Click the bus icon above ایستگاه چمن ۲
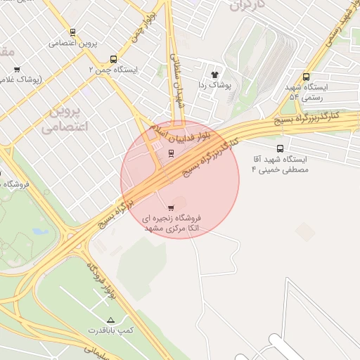pos(113,60)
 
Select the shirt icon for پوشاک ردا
pos(214,74)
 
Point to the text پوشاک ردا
pos(214,84)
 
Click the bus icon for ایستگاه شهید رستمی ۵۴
pos(305,77)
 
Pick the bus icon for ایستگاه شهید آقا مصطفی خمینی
pos(281,148)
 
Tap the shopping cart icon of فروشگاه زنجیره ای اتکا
pos(171,208)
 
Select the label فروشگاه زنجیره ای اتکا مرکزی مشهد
pos(172,224)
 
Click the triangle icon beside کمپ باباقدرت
pos(110,320)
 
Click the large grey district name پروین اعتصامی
pos(63,120)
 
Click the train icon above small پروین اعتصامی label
pos(72,32)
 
